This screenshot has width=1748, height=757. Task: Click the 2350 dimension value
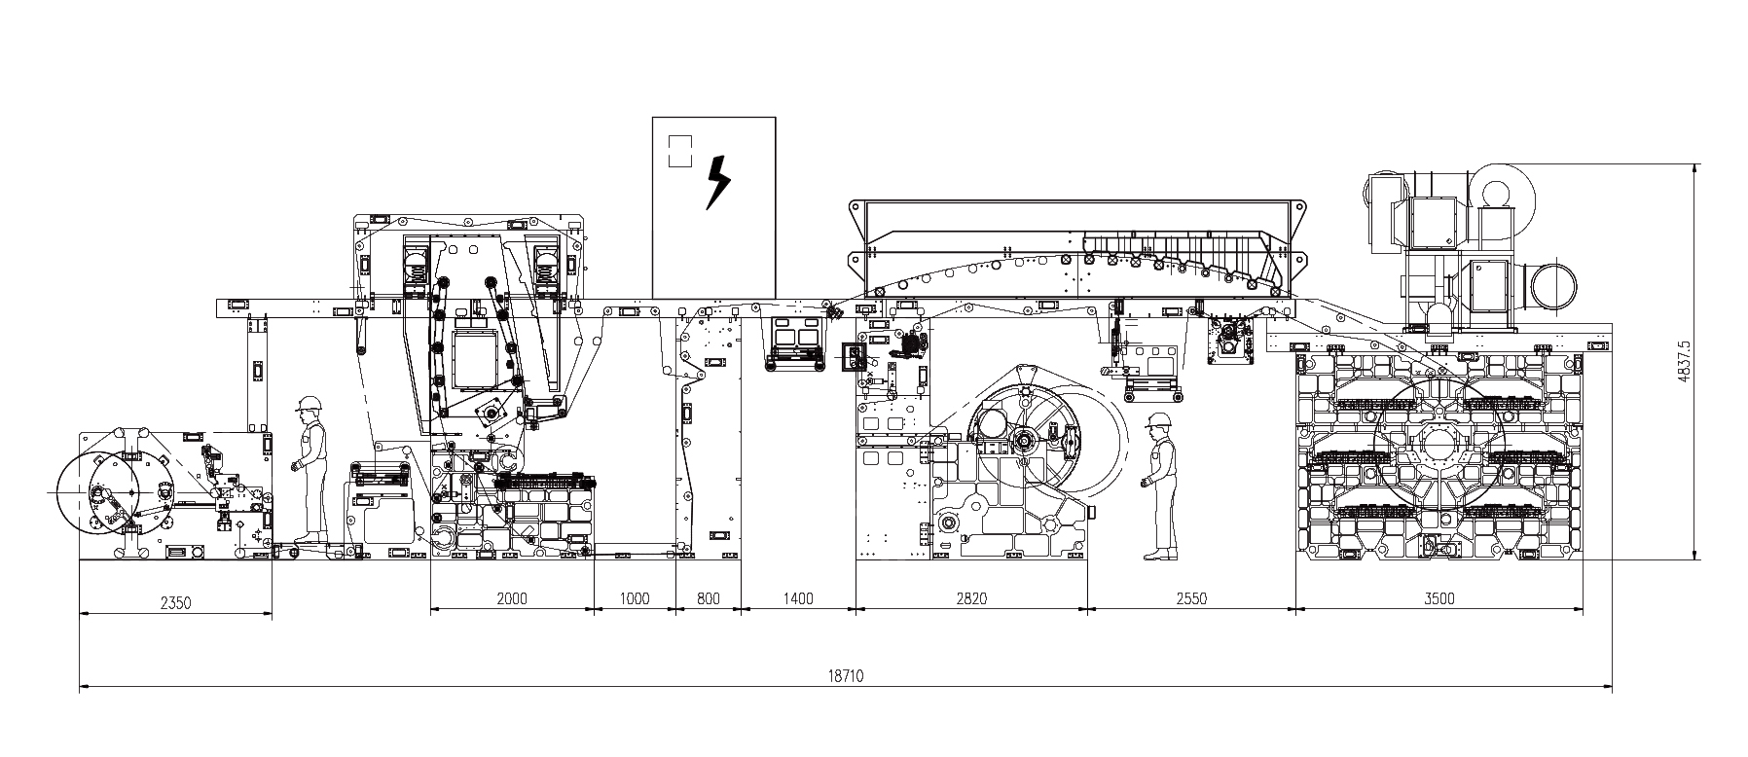point(175,602)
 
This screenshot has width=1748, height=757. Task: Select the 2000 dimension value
point(511,598)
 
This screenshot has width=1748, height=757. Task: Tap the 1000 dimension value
point(634,598)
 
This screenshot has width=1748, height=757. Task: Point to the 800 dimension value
point(709,598)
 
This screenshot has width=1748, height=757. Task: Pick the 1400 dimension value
point(797,598)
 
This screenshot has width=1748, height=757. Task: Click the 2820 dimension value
point(970,598)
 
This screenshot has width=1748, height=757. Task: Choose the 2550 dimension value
point(1191,598)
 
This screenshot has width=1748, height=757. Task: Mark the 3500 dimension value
point(1438,598)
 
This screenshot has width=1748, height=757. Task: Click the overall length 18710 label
point(845,675)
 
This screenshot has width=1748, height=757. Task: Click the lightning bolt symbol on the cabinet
point(717,182)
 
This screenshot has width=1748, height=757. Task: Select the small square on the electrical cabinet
point(679,151)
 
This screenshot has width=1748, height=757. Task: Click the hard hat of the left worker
point(310,403)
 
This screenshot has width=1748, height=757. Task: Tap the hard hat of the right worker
point(1157,419)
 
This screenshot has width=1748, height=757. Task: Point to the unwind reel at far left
point(102,495)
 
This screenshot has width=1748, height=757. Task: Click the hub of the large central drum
point(1024,442)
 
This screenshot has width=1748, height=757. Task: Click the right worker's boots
point(1157,555)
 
